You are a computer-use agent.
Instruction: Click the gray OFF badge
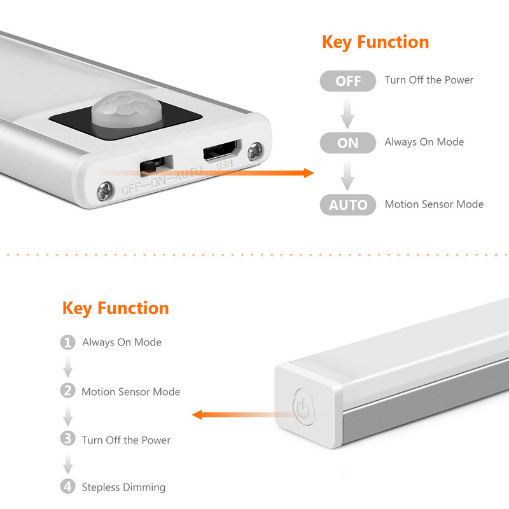(348, 81)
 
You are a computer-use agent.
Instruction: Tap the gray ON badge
(348, 143)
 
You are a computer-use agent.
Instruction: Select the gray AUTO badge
(348, 205)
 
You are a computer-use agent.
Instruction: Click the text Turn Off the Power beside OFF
(429, 80)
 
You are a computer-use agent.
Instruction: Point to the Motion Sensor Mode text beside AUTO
(434, 204)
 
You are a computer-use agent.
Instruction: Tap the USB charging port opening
(221, 153)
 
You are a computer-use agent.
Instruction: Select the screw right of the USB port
(256, 151)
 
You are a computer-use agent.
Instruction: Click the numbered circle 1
(67, 342)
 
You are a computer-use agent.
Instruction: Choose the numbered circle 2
(67, 391)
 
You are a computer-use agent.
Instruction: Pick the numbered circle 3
(67, 439)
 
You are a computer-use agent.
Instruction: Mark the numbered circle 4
(67, 487)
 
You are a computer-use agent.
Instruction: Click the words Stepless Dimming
(123, 487)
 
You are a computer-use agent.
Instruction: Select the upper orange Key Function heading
(375, 43)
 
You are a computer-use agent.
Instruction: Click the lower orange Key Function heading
(116, 309)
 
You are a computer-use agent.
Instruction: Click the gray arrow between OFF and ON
(347, 112)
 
